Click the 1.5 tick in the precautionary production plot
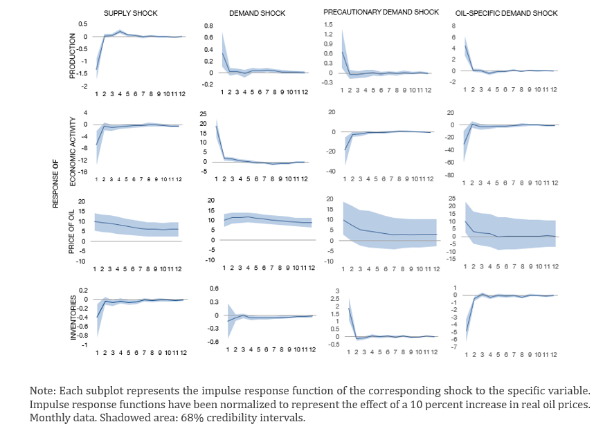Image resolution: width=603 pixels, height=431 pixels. pyautogui.click(x=329, y=24)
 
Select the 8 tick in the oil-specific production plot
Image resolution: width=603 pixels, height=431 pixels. pyautogui.click(x=453, y=26)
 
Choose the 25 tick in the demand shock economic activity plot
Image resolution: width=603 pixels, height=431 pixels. pyautogui.click(x=203, y=113)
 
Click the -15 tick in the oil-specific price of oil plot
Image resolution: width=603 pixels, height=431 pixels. pyautogui.click(x=451, y=259)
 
